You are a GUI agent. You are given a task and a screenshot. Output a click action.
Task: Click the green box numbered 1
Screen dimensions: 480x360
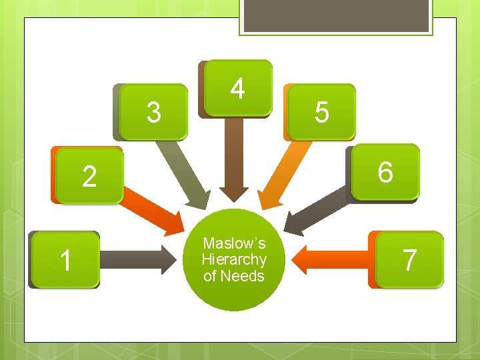pos(65,259)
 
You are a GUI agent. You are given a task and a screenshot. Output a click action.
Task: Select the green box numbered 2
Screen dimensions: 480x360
pos(89,175)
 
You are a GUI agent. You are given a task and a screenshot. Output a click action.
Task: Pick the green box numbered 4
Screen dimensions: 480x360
pos(238,88)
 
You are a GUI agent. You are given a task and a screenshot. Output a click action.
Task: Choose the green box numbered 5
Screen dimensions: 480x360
pos(321,112)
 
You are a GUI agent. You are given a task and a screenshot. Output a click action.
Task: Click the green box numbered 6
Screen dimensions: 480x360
pos(385,172)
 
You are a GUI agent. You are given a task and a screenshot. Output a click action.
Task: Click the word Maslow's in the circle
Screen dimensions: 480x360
pos(234,243)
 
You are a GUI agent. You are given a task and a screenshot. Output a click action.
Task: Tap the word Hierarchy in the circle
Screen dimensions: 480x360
pos(234,259)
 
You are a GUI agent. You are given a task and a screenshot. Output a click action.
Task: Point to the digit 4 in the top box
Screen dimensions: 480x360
pos(238,88)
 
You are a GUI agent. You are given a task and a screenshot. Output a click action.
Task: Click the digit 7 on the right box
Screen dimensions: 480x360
pos(409,259)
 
